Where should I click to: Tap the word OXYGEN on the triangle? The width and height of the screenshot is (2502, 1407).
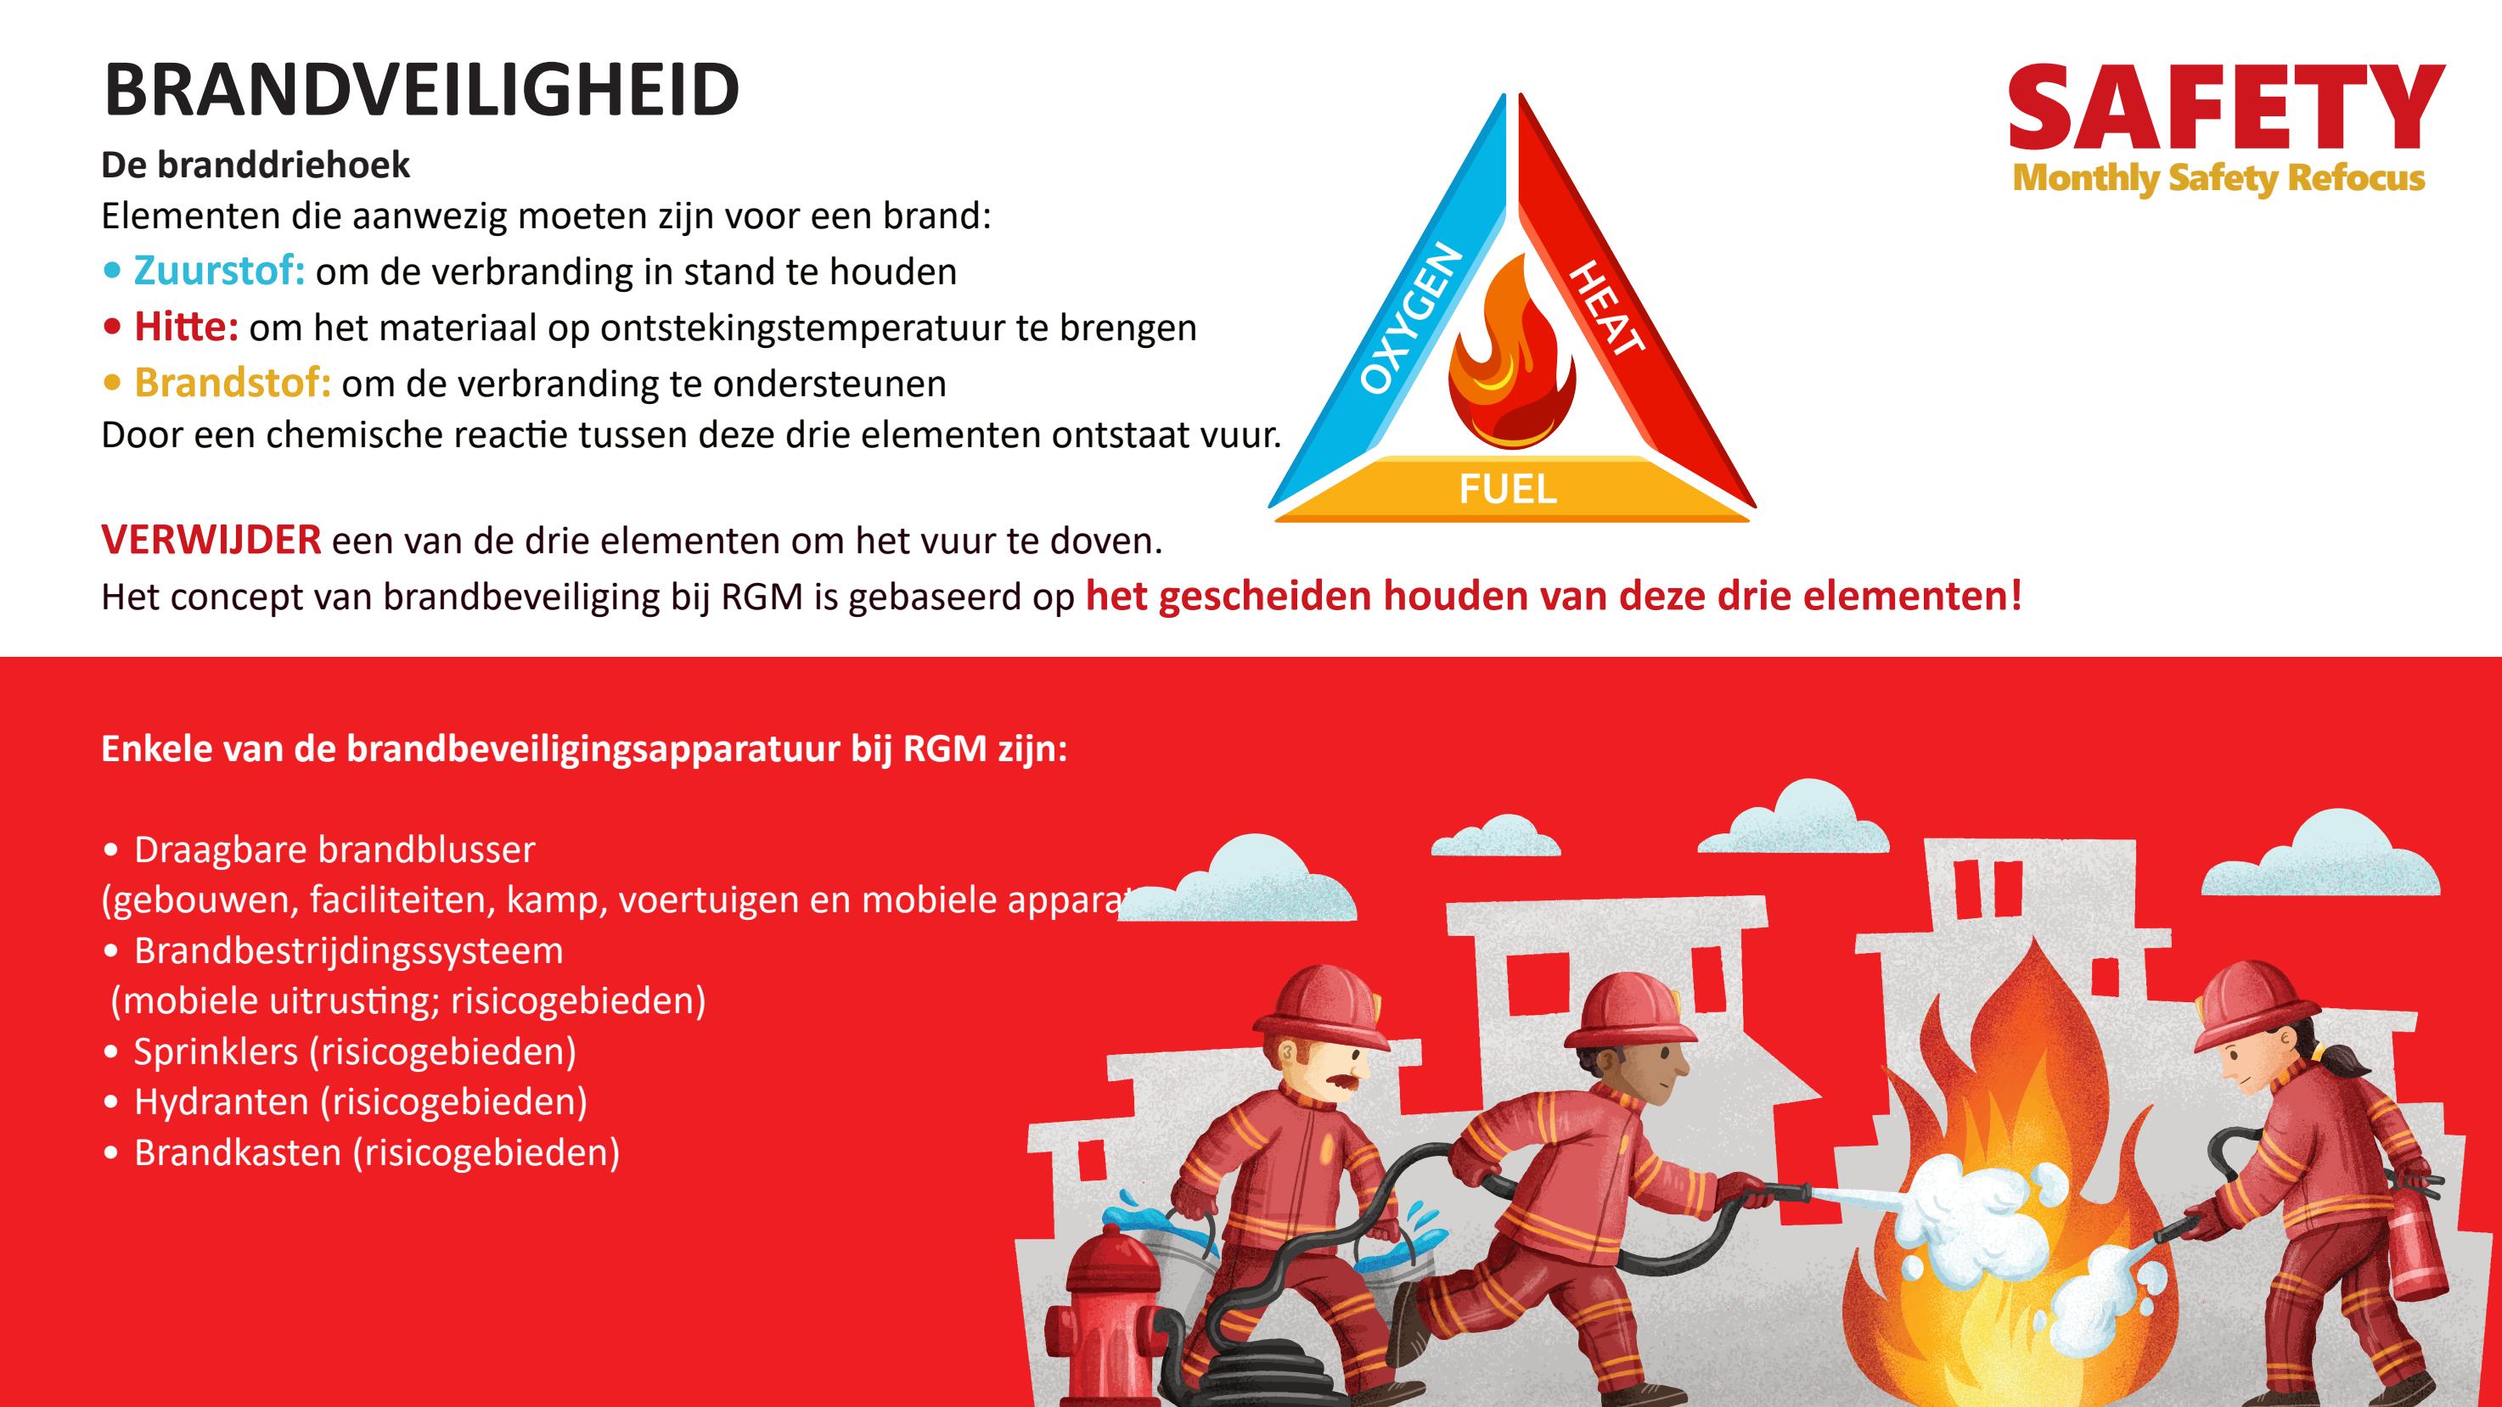pyautogui.click(x=1411, y=319)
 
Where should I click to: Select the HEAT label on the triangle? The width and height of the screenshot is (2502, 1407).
pyautogui.click(x=1606, y=307)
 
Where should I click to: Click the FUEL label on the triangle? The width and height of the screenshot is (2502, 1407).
pyautogui.click(x=1508, y=490)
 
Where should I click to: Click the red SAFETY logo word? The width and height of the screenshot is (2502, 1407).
pyautogui.click(x=2224, y=109)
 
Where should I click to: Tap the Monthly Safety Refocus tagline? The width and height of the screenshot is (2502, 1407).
pyautogui.click(x=2218, y=179)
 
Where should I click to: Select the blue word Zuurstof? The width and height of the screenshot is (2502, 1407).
pyautogui.click(x=218, y=271)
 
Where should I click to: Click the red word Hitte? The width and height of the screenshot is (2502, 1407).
pyautogui.click(x=186, y=328)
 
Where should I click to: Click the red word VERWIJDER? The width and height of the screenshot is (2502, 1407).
pyautogui.click(x=211, y=540)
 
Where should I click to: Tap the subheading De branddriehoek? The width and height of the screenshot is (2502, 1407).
pyautogui.click(x=256, y=165)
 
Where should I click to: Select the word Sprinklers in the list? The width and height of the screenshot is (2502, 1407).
pyautogui.click(x=216, y=1051)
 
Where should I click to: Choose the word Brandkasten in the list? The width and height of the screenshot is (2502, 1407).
pyautogui.click(x=238, y=1152)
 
